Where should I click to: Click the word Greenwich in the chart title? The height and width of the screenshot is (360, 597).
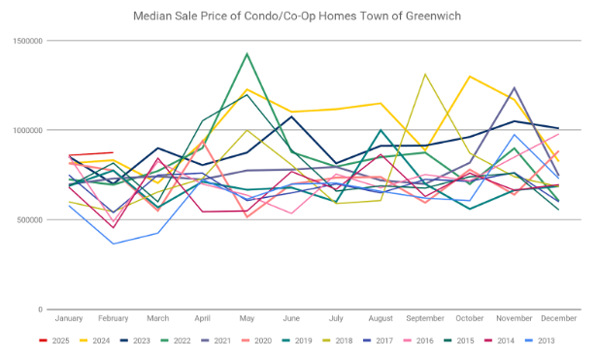pos(433,16)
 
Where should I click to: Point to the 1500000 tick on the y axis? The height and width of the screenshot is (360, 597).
pos(28,41)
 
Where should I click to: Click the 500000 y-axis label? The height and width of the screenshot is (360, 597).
pos(30,220)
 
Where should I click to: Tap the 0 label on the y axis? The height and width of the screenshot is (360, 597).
pos(41,310)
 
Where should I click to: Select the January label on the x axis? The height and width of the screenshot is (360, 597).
pos(69,318)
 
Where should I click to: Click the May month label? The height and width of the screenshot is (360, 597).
pos(247,318)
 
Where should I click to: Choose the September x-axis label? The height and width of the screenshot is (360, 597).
pos(425,318)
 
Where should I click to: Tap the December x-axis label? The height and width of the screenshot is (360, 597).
pos(558,318)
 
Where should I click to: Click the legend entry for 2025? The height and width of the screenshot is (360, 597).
pos(54,341)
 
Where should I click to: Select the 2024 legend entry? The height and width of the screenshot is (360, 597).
pos(95,341)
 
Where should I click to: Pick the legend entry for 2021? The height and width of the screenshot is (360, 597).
pos(216,341)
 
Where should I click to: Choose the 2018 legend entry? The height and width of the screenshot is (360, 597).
pos(338,341)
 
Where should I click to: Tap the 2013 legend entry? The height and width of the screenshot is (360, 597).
pos(540,341)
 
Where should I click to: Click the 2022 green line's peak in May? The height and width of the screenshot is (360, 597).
pos(247,53)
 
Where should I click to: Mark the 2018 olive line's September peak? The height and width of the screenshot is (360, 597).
pos(425,74)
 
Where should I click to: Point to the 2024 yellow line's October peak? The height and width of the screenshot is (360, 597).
pos(470,76)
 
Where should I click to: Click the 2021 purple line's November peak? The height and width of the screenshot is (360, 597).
pos(514,87)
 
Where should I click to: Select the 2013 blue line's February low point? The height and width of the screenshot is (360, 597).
pos(113,244)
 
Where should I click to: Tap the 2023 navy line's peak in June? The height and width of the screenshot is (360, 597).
pos(291,116)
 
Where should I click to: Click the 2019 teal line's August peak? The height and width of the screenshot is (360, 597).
pos(381,130)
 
